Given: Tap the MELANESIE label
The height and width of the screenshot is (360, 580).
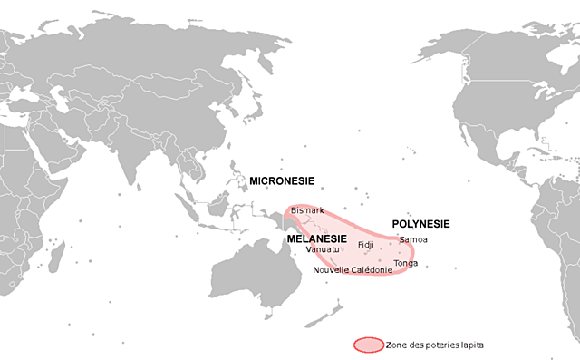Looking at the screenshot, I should click(317, 238).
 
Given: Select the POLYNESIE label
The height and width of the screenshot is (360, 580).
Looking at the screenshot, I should click(421, 223).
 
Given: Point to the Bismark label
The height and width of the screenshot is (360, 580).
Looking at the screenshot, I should click(307, 210).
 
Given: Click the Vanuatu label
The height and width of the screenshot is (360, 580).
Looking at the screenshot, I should click(323, 249).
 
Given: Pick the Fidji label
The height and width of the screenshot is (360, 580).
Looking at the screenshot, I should click(365, 245).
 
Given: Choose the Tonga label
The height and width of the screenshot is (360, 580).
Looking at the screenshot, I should click(406, 263).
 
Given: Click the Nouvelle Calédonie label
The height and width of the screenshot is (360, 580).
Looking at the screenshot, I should click(353, 270).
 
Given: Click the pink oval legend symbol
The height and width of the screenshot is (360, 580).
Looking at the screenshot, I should click(368, 345).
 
